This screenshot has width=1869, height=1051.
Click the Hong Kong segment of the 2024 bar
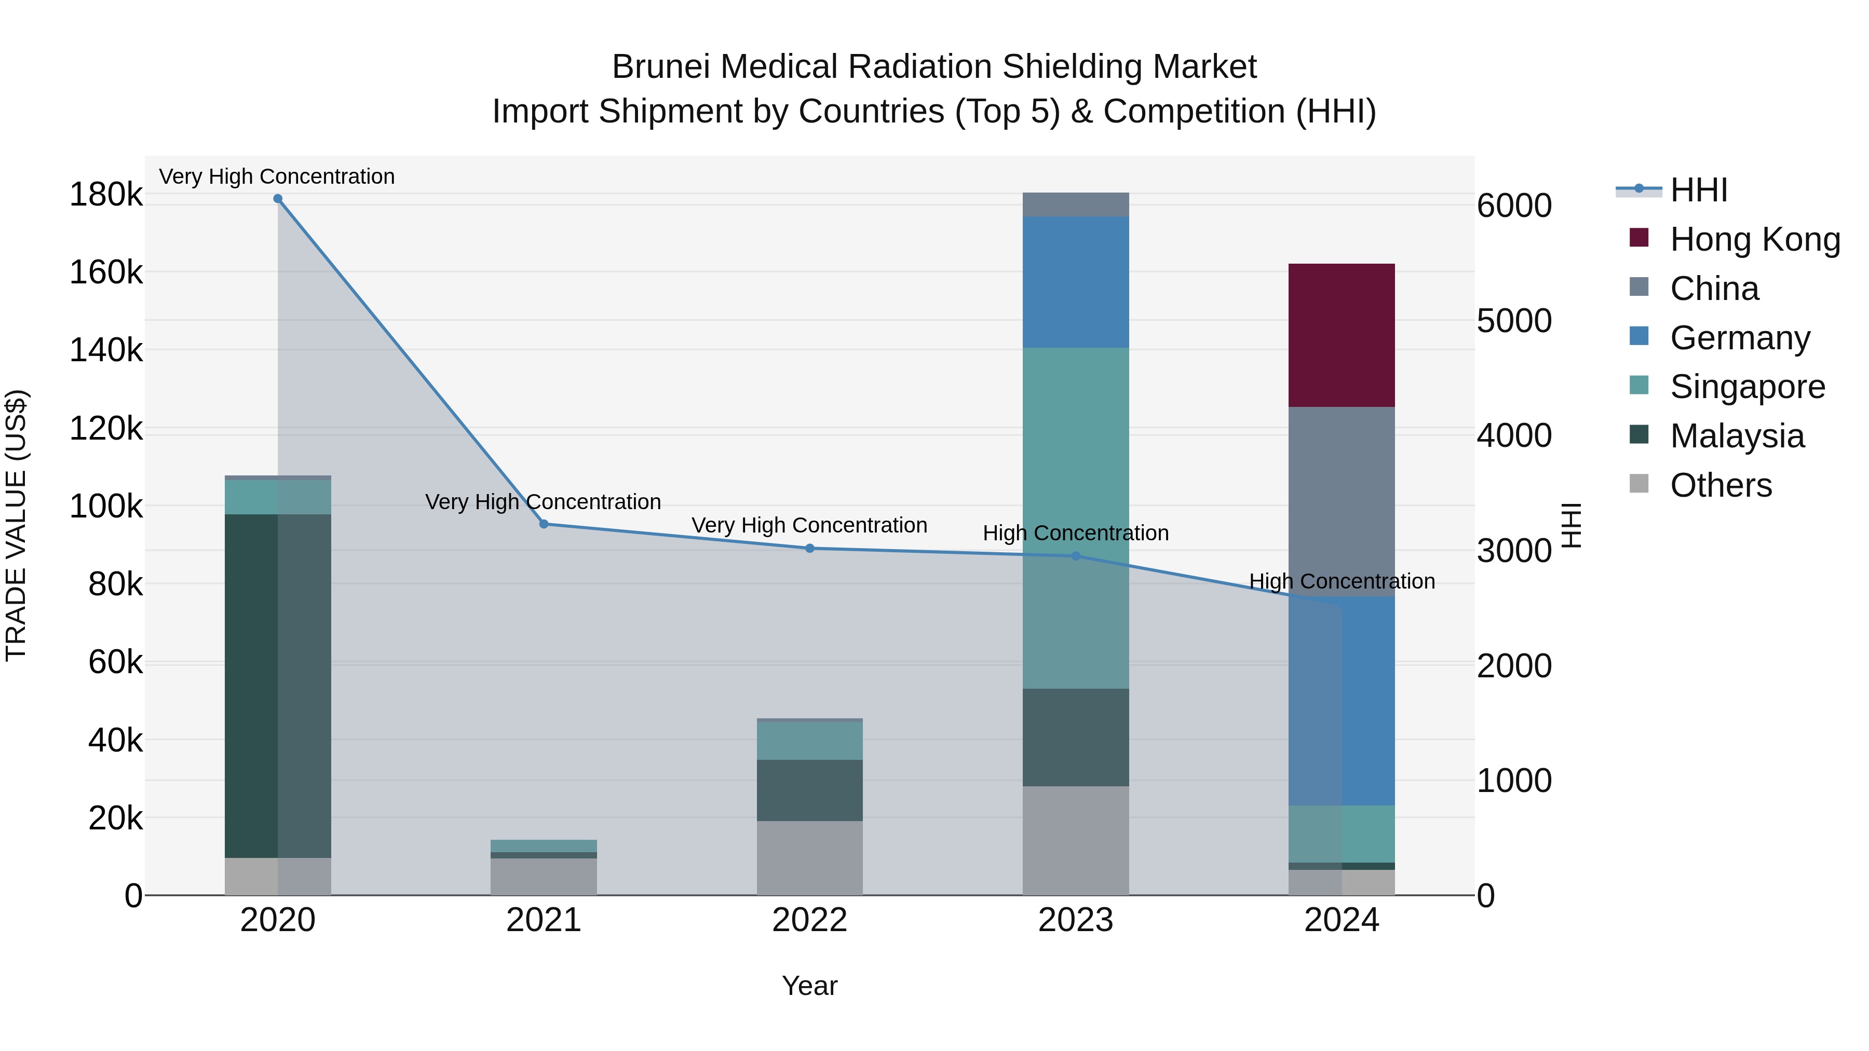pos(1341,335)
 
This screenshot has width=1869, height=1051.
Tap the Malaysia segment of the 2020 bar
pos(278,686)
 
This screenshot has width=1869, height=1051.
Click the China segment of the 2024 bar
pos(1341,501)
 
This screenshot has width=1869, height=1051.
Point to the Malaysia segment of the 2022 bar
pos(810,790)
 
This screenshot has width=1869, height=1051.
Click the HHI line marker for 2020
pos(278,199)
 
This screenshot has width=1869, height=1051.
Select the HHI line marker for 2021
pos(544,524)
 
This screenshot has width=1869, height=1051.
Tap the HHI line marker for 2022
pos(810,549)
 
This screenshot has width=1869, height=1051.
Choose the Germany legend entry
pos(1740,338)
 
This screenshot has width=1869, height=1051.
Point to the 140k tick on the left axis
pos(106,350)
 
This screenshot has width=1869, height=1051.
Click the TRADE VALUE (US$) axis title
pos(17,525)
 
